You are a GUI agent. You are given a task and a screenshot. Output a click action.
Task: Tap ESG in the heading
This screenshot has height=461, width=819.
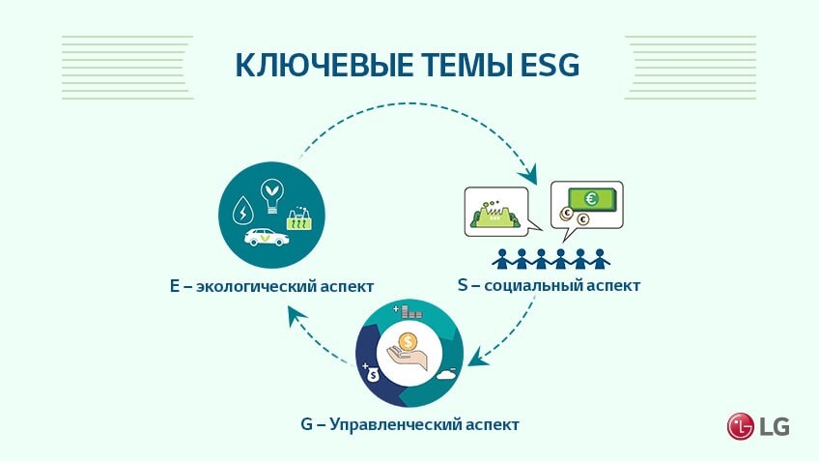[550, 66]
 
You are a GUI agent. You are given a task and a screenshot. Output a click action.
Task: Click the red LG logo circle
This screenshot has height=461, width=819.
[740, 426]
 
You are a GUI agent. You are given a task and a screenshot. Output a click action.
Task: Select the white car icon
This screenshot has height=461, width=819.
[267, 238]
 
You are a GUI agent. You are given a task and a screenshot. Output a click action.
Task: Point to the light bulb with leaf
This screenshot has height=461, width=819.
[272, 195]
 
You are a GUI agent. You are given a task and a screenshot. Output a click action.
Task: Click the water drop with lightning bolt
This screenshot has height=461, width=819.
[242, 211]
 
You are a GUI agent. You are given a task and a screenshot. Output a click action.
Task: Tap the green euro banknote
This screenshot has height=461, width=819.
[592, 199]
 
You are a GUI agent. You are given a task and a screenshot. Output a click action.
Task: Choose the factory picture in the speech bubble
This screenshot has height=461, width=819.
[494, 213]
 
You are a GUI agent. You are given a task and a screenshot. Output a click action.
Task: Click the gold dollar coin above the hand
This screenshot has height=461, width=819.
[408, 342]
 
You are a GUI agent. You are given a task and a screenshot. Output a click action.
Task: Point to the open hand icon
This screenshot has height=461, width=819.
[407, 360]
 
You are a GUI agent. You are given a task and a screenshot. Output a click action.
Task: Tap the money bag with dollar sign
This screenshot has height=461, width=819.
[372, 374]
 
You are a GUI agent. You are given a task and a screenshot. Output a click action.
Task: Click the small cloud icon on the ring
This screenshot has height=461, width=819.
[446, 374]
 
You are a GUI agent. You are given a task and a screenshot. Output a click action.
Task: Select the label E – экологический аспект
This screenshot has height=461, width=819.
[271, 286]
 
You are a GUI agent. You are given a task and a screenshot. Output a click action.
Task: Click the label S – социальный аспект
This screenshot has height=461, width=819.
[549, 285]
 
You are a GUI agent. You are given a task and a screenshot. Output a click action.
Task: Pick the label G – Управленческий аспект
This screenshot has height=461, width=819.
[410, 424]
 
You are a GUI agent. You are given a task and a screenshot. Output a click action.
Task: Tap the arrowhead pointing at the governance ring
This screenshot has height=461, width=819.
[477, 359]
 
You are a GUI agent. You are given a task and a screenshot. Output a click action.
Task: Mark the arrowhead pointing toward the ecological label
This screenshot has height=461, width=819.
[297, 315]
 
